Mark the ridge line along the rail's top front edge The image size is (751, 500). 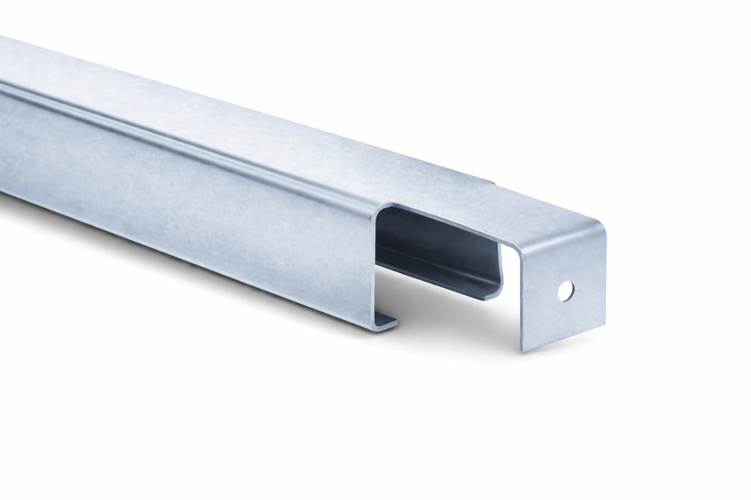point(186,138)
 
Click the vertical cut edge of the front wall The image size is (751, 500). point(375,266)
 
